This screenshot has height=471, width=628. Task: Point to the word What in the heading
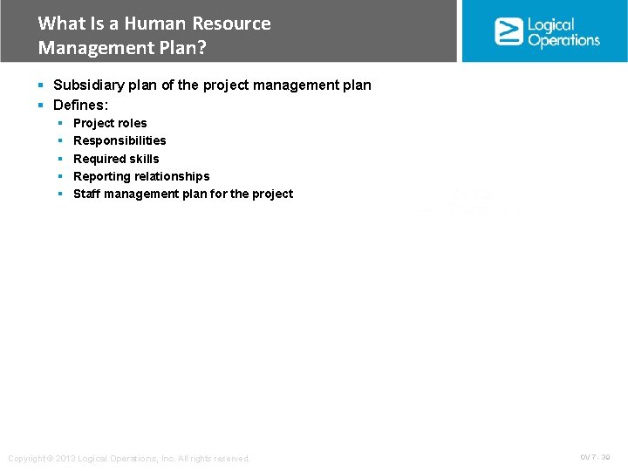61,24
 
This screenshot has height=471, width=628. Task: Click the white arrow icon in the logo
509,31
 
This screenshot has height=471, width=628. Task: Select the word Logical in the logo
551,25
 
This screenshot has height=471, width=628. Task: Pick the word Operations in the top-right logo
563,40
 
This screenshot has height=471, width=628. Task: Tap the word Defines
80,105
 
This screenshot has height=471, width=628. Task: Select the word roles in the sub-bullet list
129,123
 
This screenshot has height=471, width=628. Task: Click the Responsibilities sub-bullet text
119,140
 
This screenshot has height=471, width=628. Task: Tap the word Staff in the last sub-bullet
87,194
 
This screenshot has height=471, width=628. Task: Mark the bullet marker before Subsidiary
41,85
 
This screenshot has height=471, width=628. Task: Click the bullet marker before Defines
41,105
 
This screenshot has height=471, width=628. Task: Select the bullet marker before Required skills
61,159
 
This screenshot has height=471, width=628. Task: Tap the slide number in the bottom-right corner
595,457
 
